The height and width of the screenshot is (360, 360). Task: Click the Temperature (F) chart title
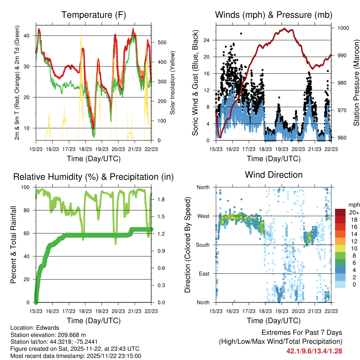pyautogui.click(x=94, y=15)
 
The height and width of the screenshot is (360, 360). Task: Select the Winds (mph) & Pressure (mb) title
pyautogui.click(x=274, y=15)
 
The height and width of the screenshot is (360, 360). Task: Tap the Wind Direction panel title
pyautogui.click(x=274, y=174)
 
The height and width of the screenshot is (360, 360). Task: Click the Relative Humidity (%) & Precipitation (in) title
pyautogui.click(x=94, y=177)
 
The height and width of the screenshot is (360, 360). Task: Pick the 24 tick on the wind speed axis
pyautogui.click(x=207, y=40)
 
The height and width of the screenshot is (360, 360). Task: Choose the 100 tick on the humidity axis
pyautogui.click(x=27, y=187)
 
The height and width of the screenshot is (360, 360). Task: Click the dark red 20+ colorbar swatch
pyautogui.click(x=340, y=212)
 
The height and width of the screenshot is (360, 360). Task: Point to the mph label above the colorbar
pyautogui.click(x=353, y=205)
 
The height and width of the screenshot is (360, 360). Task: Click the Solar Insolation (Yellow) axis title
pyautogui.click(x=173, y=83)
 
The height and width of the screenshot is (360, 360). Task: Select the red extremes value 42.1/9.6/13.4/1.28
pyautogui.click(x=314, y=351)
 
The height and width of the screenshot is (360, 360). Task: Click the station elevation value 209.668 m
pyautogui.click(x=71, y=335)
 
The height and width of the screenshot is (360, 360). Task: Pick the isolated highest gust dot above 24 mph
pyautogui.click(x=241, y=33)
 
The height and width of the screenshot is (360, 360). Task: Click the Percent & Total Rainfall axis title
pyautogui.click(x=13, y=245)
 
